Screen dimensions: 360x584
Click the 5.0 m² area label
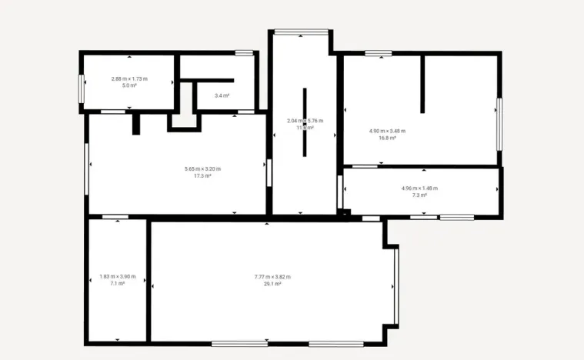(129, 85)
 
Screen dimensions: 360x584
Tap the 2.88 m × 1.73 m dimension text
(129, 78)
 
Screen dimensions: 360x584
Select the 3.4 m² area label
(222, 95)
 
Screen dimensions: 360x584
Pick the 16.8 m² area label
(387, 138)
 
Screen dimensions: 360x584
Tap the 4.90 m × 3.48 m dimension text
(387, 131)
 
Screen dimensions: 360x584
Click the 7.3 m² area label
(419, 195)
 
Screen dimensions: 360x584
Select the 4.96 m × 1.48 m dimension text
(419, 188)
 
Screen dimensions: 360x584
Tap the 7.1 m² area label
(117, 284)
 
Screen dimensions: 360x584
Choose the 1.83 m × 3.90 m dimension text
(117, 277)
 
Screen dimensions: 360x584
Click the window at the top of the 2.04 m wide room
(300, 32)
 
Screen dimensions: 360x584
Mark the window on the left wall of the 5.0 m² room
(81, 87)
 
